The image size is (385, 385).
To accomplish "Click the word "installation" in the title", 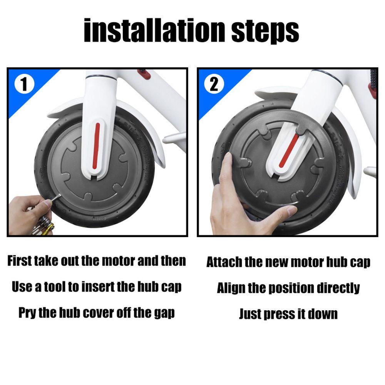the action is point(154,30).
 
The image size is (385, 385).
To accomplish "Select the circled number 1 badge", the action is point(24,84).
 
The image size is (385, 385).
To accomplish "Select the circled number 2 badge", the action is point(214,84).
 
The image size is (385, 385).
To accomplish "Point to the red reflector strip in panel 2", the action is point(290,151).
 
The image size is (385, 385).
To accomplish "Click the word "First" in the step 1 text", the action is point(20,261).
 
